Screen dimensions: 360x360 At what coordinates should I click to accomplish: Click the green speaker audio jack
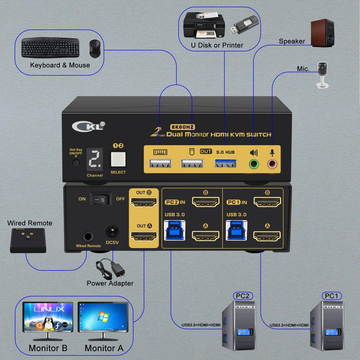click(254, 164)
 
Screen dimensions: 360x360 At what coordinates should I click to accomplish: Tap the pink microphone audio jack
click(272, 164)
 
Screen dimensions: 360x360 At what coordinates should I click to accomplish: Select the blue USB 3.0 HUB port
click(225, 164)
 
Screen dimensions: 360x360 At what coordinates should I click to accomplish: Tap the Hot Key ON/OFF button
click(76, 163)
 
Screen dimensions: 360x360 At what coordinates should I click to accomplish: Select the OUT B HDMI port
click(144, 202)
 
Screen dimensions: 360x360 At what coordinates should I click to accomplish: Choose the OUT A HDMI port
click(144, 236)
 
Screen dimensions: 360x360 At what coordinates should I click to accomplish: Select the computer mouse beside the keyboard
click(95, 48)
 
